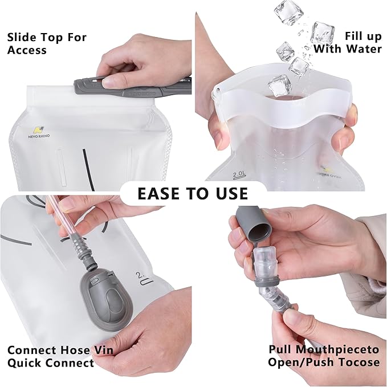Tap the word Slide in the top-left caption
[x=22, y=38]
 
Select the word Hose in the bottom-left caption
[x=73, y=350]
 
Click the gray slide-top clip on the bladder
[x=133, y=88]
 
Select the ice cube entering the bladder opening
[x=280, y=86]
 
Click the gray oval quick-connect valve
[x=107, y=300]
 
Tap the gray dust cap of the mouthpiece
[x=254, y=225]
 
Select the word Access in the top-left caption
[x=27, y=50]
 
